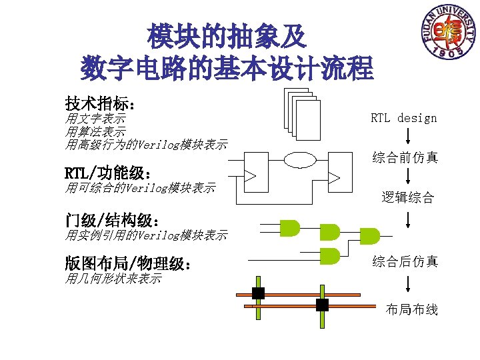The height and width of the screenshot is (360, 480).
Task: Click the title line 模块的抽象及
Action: point(227,37)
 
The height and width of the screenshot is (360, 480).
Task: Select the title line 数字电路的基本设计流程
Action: point(227,67)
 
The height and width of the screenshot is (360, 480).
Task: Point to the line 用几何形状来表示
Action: point(113,279)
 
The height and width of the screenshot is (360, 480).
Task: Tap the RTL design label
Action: point(404,118)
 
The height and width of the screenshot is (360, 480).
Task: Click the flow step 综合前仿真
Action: point(405,157)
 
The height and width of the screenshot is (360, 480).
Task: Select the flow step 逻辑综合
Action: point(407,197)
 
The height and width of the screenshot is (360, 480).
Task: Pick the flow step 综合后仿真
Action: point(405,261)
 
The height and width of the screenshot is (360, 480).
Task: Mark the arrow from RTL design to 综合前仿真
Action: point(407,137)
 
